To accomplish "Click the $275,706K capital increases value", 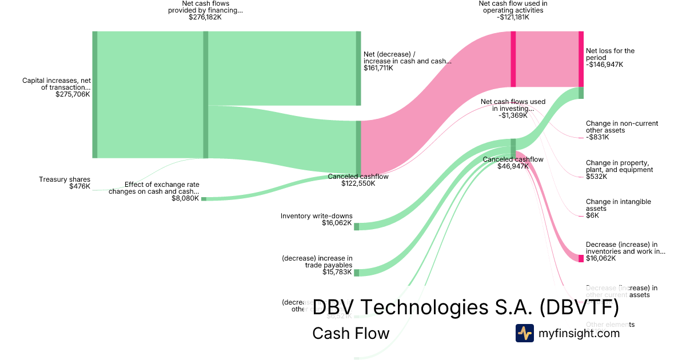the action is point(73,94).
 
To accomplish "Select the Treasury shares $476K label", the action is point(65,183).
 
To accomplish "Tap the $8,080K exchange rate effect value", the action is point(185,198).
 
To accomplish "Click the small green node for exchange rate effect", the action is point(203,198).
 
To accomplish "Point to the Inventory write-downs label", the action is point(316,216).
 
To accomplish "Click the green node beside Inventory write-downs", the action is point(356,226).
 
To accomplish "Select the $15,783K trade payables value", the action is point(337,272).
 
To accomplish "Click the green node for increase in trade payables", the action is point(356,273).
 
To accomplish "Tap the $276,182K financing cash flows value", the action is point(205,18).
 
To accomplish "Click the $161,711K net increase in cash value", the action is point(378,68).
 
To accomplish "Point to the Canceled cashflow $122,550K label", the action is point(358,180).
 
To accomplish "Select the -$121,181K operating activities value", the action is point(513,17).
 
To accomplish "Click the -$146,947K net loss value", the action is point(604,65).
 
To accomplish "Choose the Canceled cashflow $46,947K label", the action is point(513,163).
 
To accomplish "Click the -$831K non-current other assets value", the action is point(597,137).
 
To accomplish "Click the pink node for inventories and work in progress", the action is point(581,258).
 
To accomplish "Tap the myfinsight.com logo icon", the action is point(524,333).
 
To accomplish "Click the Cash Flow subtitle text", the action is point(350,333).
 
